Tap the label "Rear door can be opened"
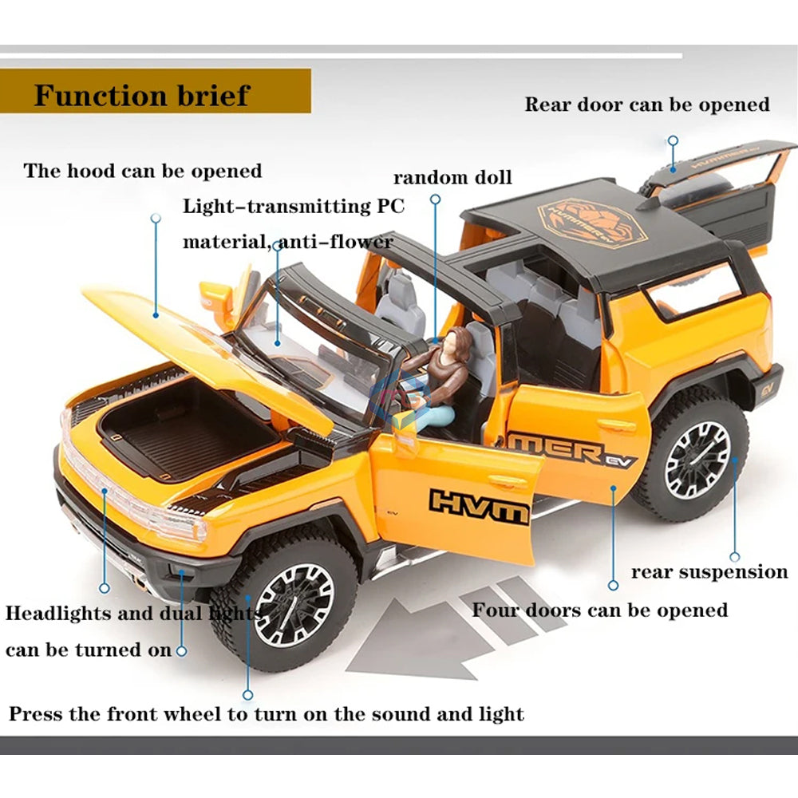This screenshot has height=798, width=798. pyautogui.click(x=646, y=105)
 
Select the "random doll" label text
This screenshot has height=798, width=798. pyautogui.click(x=452, y=177)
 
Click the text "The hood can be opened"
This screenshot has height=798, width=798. pyautogui.click(x=143, y=171)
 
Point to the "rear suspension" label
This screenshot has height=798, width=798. pyautogui.click(x=709, y=572)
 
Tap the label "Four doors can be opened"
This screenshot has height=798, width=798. pyautogui.click(x=599, y=610)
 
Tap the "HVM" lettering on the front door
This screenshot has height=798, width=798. pyautogui.click(x=479, y=504)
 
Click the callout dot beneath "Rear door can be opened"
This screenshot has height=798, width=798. pyautogui.click(x=673, y=140)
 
